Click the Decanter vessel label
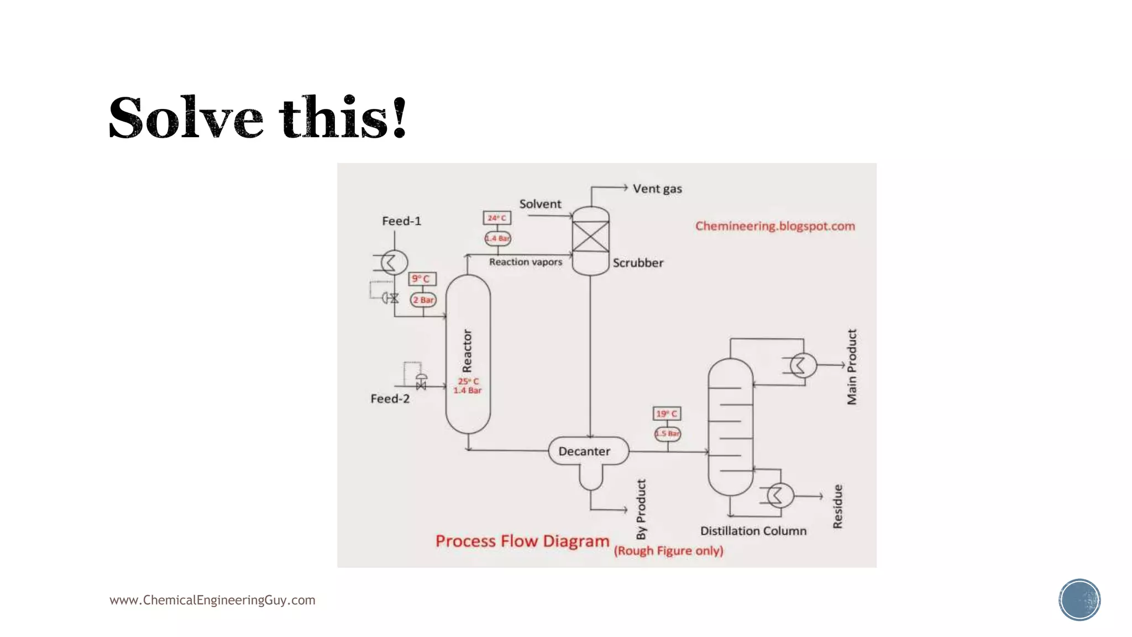click(584, 451)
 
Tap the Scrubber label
click(637, 263)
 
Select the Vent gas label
click(657, 189)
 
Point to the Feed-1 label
click(401, 221)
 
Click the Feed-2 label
click(390, 399)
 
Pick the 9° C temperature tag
click(422, 279)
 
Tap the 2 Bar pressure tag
click(423, 300)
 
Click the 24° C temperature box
click(497, 218)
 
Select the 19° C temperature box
click(667, 414)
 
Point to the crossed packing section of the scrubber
click(590, 237)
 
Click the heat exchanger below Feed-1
click(394, 262)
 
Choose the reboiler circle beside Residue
click(780, 495)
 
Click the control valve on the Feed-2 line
click(421, 382)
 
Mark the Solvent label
click(540, 204)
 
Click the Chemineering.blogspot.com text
click(775, 226)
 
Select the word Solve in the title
click(186, 118)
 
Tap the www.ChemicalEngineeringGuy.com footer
click(212, 600)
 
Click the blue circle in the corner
click(1079, 600)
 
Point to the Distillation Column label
click(753, 531)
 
